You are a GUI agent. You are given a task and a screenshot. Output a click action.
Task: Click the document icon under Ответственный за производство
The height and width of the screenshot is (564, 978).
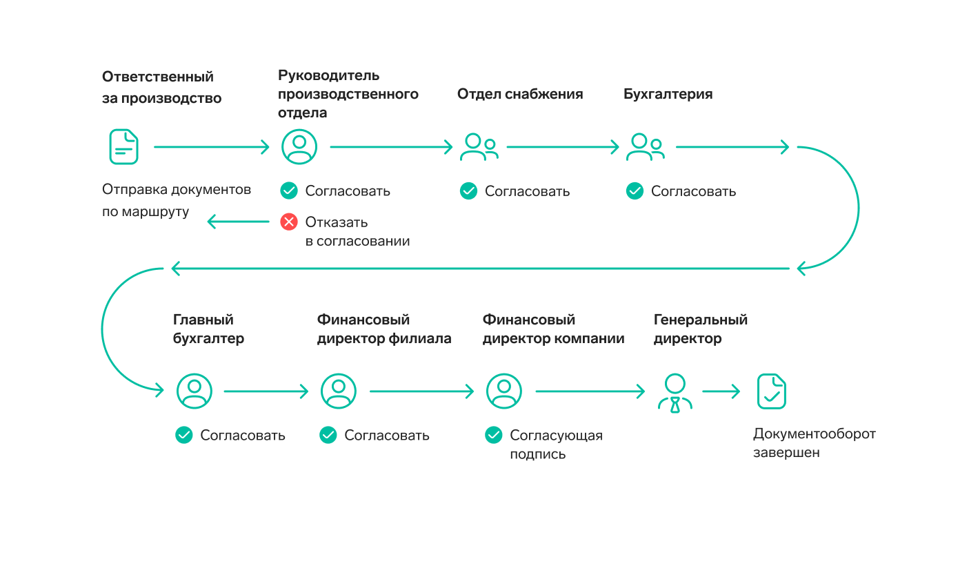(123, 146)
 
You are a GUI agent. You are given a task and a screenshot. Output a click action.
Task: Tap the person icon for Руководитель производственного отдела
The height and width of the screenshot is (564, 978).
(299, 146)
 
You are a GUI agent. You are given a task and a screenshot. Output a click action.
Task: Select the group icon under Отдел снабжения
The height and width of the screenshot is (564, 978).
(479, 147)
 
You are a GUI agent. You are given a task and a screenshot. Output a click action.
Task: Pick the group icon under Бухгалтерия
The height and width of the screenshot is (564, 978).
(645, 147)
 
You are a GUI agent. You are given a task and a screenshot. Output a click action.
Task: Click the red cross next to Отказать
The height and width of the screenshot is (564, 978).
(289, 222)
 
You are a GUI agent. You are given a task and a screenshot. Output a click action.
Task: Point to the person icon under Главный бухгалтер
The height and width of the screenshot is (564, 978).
(194, 391)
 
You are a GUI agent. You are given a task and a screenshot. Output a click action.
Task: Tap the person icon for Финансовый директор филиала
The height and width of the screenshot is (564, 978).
(339, 391)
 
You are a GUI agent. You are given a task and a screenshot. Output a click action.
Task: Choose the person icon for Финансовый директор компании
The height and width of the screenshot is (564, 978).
(504, 391)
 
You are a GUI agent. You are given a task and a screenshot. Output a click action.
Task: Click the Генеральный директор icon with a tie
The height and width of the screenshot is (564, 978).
(675, 393)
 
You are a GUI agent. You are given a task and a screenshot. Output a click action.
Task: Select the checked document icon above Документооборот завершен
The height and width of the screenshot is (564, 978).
(771, 391)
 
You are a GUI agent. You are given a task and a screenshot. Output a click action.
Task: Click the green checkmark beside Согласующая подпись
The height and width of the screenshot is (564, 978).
(493, 435)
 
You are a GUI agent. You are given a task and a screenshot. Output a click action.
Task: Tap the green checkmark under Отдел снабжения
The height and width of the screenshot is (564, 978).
(468, 191)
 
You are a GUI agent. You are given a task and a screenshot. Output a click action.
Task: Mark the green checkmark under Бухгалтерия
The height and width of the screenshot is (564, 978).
(635, 191)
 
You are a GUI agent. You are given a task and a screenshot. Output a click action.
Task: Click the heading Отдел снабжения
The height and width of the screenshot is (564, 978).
(520, 94)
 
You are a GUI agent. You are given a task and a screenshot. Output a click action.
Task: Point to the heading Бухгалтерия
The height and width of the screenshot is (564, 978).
(668, 94)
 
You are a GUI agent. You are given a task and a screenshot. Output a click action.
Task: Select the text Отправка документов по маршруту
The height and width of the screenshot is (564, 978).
(177, 200)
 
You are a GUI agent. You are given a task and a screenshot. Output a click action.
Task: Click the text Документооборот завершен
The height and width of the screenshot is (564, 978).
(814, 443)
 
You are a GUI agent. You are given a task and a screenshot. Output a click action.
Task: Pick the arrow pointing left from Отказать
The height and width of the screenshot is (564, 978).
(238, 222)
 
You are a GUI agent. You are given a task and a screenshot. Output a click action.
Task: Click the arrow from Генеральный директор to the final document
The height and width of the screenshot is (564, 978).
(721, 391)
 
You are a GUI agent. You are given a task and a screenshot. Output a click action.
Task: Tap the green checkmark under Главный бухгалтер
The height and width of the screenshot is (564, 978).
(183, 435)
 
